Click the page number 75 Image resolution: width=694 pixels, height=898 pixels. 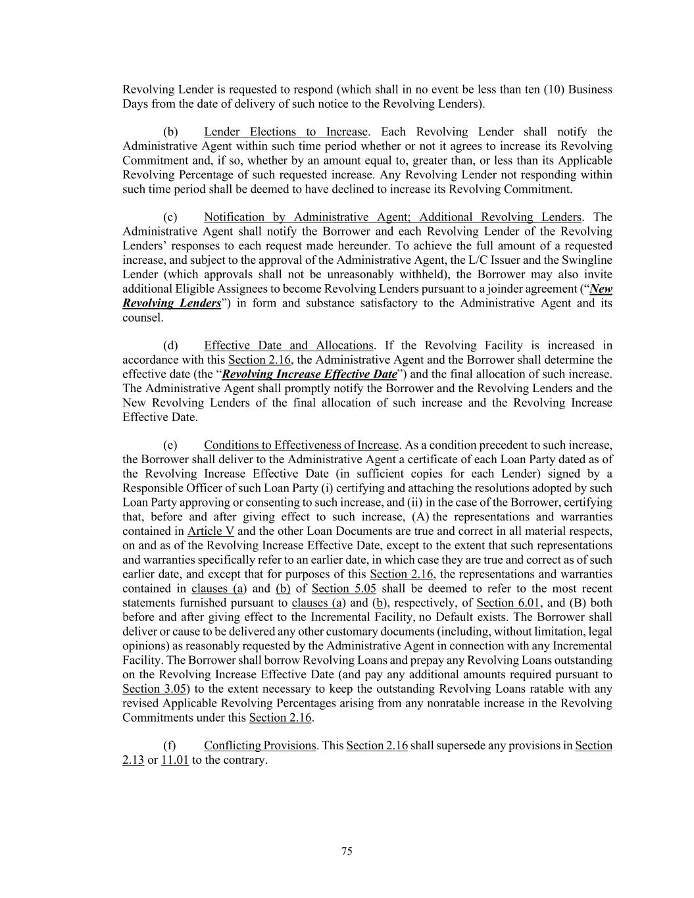click(x=347, y=851)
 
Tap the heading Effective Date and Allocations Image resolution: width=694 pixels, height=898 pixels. click(x=288, y=345)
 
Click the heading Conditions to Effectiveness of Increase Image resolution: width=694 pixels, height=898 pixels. click(x=301, y=445)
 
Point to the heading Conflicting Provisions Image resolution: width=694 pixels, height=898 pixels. click(x=260, y=745)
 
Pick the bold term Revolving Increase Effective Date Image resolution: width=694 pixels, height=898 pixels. click(x=309, y=374)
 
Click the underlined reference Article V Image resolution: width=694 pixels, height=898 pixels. click(x=211, y=531)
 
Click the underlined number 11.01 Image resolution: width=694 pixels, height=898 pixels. click(x=175, y=760)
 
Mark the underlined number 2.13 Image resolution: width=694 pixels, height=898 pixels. click(x=133, y=760)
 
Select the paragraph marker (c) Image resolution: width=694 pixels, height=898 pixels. click(x=170, y=217)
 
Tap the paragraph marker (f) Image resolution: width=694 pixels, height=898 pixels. click(x=170, y=745)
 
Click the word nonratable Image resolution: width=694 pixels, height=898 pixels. click(x=466, y=703)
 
